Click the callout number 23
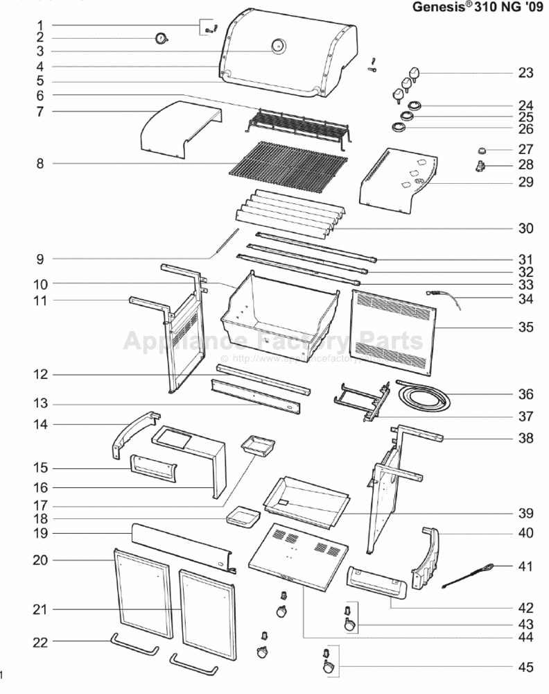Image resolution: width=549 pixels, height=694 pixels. click(525, 73)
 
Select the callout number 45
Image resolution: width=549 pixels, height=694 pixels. click(525, 668)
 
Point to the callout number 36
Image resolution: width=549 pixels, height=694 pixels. click(525, 394)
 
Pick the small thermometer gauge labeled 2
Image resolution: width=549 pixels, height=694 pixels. click(162, 38)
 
